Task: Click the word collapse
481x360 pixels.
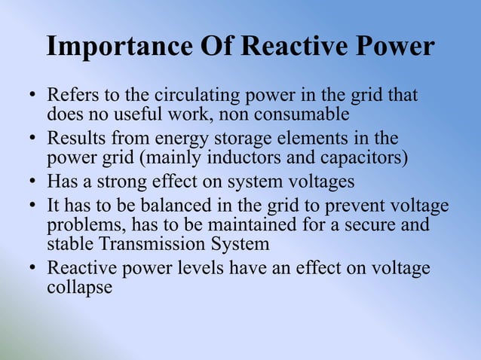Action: coord(80,287)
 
